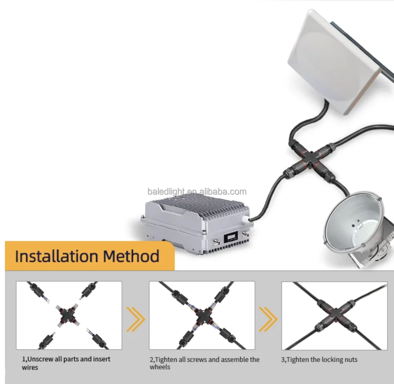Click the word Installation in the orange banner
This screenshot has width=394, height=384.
point(56,256)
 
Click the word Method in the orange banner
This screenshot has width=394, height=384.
point(131,256)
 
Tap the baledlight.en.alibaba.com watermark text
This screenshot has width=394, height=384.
point(197,192)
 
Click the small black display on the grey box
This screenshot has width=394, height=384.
point(231,237)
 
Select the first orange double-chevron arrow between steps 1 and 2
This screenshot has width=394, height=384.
point(135,319)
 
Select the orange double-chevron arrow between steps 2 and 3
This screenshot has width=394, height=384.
point(268,319)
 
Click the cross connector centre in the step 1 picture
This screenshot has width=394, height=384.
point(67,315)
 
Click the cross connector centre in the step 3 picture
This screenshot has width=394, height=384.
point(335,314)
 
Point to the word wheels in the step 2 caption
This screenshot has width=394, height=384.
point(160,367)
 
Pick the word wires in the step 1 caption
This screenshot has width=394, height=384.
point(30,368)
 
